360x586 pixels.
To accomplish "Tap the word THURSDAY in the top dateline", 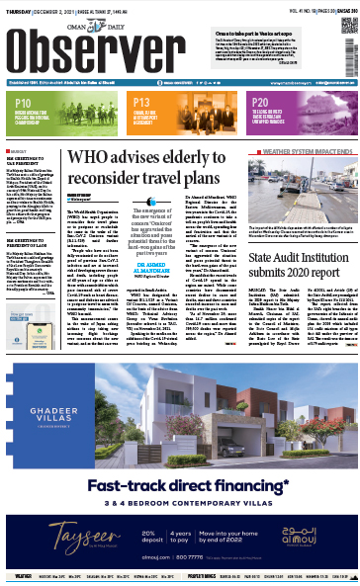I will pyautogui.click(x=17, y=5).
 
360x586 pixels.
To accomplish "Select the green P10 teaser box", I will pyautogui.click(x=59, y=107).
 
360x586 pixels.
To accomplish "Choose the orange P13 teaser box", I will pyautogui.click(x=179, y=107).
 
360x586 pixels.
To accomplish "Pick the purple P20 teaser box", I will pyautogui.click(x=299, y=107).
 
